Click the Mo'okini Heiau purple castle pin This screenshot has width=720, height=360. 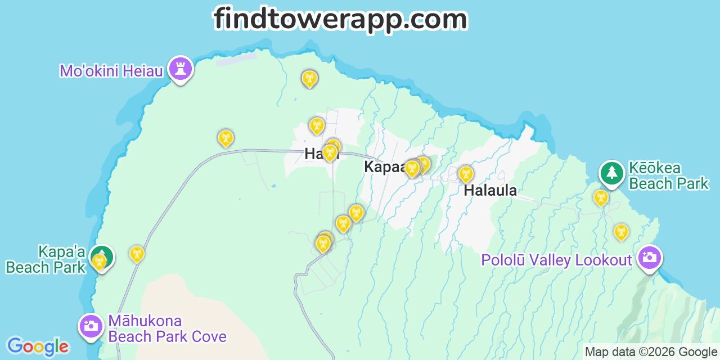point(181,69)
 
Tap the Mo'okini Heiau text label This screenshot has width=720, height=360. point(111,71)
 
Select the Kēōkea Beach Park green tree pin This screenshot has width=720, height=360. point(611,173)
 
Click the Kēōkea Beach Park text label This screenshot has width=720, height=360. point(668,176)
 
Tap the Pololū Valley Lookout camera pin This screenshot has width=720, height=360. point(650,258)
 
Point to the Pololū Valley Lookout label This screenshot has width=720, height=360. point(557,260)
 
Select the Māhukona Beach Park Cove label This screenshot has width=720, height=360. point(167,329)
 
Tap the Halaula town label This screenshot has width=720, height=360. point(490,191)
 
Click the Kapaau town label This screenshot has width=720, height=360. point(384,167)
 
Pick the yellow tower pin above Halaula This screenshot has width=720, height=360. point(466,174)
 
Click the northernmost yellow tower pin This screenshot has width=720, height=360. point(309,78)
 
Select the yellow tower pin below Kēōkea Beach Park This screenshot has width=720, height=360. point(601,197)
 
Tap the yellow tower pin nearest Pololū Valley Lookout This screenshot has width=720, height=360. point(621,232)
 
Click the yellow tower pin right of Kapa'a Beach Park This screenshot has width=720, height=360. point(137,254)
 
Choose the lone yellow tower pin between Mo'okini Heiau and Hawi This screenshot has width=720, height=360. point(226,137)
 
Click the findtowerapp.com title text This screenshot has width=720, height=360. point(340,19)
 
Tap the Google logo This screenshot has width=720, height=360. point(37,346)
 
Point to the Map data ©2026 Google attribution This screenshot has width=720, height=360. point(651,352)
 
